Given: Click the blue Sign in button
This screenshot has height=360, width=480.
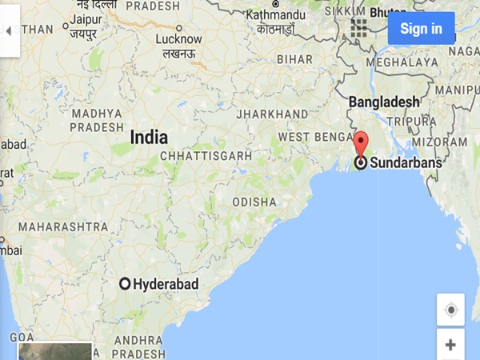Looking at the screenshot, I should point(421,29).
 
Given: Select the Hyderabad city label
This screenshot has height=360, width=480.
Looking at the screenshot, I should point(166,284).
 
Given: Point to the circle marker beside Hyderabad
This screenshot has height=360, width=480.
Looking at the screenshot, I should point(125,284).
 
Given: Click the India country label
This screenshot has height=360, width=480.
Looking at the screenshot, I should point(150,138).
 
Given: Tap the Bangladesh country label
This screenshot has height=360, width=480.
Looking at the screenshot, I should point(384,102).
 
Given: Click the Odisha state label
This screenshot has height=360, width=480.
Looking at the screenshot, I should point(254,202).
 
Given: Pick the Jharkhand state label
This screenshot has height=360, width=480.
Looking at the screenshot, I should point(272,114).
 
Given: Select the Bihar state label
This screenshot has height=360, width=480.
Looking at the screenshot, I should point(294,59).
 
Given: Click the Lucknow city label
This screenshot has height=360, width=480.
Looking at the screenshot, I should point(178,38).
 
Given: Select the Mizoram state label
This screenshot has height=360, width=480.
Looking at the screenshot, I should point(440,142).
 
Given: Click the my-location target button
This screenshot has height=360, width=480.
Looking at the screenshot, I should point(450,310).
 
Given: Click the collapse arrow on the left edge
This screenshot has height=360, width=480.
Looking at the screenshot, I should point(9,31).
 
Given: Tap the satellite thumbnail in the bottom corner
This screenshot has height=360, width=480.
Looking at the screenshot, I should point(54,351).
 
